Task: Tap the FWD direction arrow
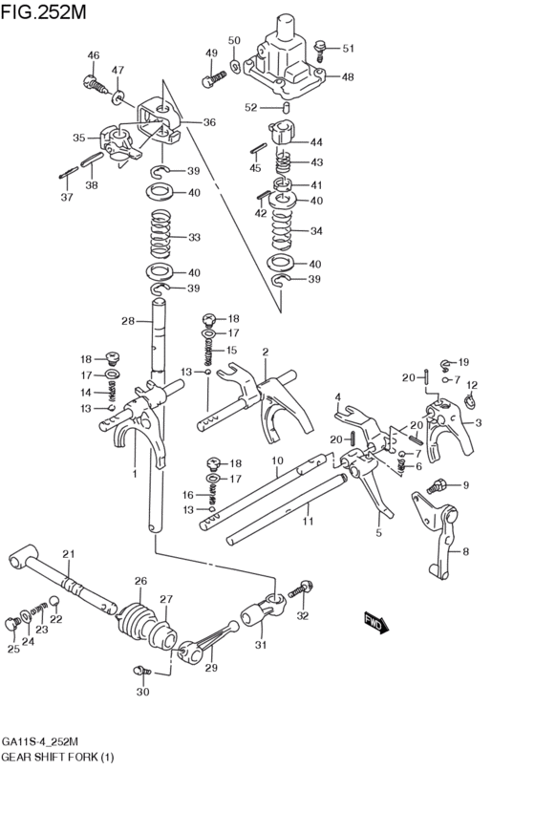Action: tap(374, 623)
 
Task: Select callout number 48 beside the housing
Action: tap(347, 76)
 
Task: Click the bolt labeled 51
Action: tap(320, 46)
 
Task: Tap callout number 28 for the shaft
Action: tap(128, 321)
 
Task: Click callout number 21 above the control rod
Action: tap(68, 554)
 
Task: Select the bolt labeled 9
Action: tap(439, 486)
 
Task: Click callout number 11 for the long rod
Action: tap(308, 523)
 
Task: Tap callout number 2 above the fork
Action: tap(265, 352)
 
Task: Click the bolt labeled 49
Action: tap(209, 79)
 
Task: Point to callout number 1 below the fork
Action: tap(135, 473)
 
